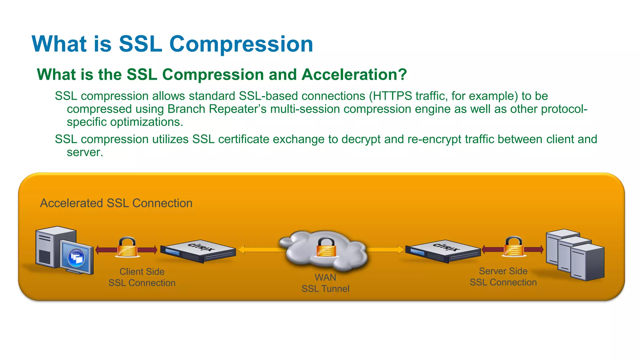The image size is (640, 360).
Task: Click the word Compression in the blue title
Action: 241,44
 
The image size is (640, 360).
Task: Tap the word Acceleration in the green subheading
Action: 354,75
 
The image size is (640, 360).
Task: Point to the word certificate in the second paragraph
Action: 243,139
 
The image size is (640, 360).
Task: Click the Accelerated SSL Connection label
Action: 116,203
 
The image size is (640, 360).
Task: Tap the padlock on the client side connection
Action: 127,247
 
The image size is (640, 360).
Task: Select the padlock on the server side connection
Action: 514,247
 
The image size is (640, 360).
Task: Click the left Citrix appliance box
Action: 198,252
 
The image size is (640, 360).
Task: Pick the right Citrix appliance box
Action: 443,252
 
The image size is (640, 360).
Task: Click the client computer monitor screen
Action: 76,257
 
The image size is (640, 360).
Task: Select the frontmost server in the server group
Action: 587,262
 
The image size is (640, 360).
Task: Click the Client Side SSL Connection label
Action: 142,277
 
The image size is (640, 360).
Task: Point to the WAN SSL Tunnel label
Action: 325,283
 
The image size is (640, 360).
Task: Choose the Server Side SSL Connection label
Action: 503,277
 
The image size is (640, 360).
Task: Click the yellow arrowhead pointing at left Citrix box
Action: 241,249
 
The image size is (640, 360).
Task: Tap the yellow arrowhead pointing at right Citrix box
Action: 401,249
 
